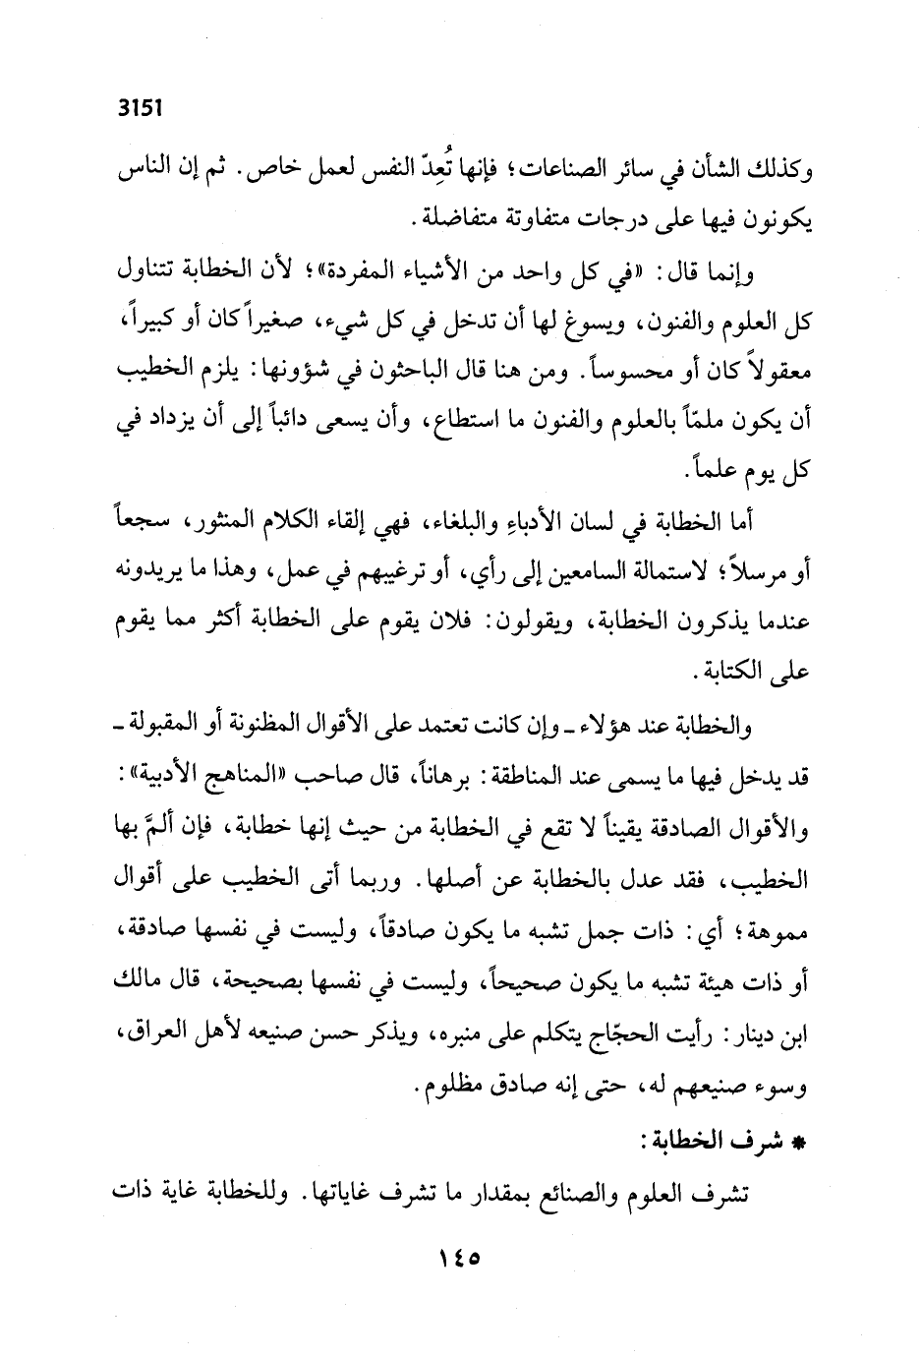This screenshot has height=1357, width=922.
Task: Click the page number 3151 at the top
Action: tap(139, 111)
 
